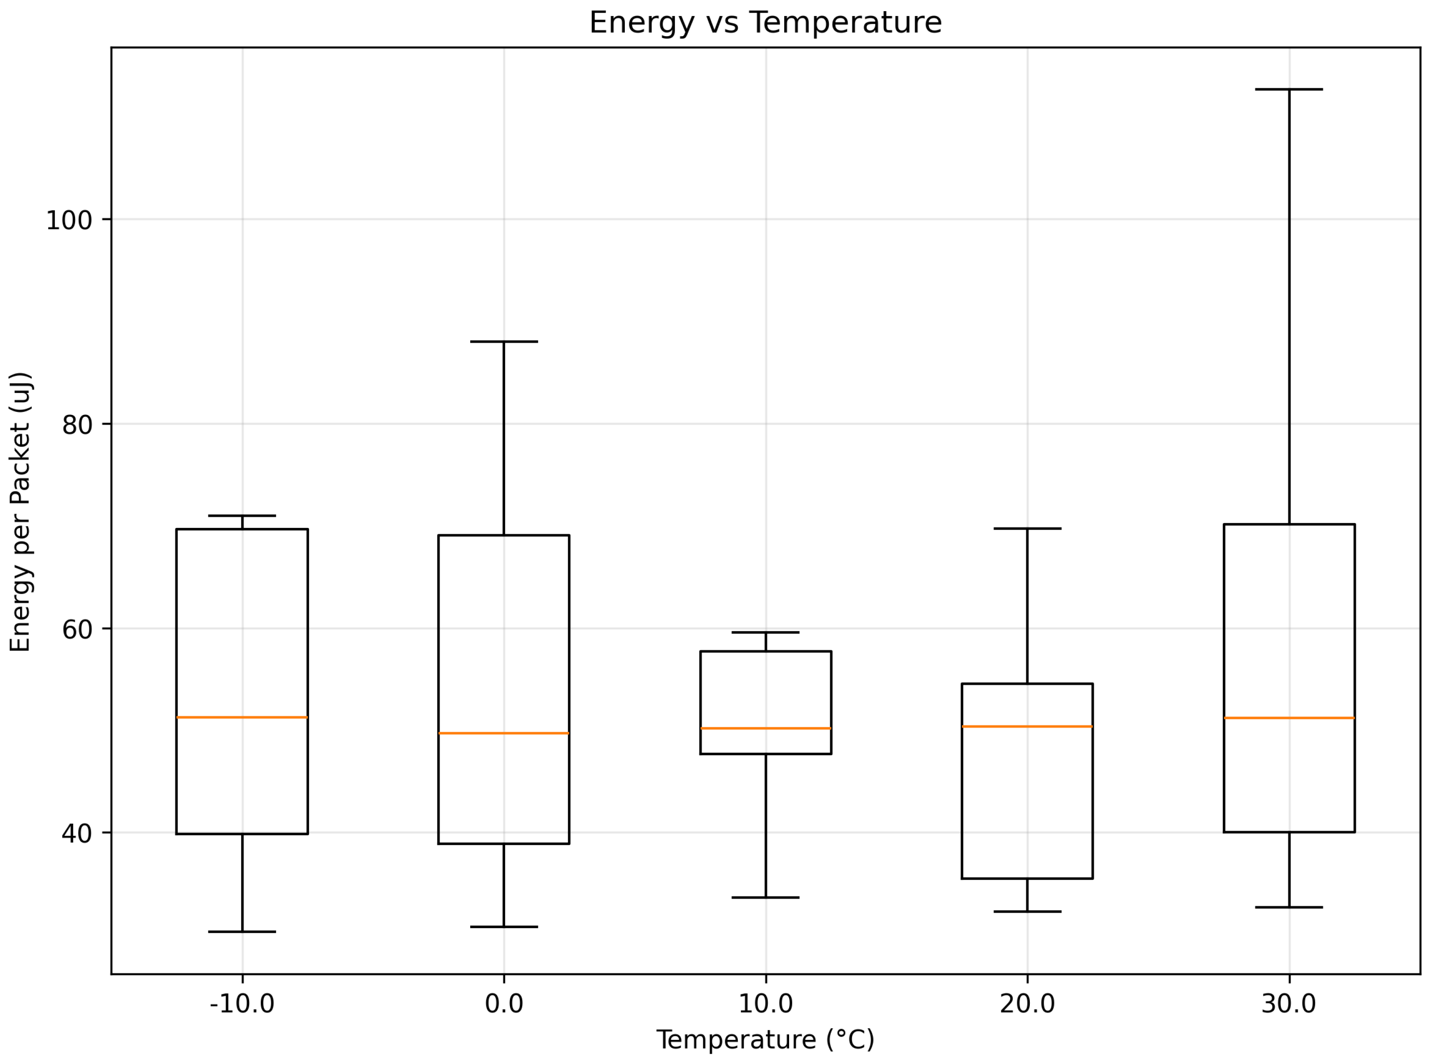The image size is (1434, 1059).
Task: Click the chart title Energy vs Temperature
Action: click(765, 23)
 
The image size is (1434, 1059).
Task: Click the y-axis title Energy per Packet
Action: click(21, 511)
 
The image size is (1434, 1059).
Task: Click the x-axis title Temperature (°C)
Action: click(765, 1039)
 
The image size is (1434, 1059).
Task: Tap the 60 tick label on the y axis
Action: click(77, 629)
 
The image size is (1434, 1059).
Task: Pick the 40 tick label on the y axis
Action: click(77, 833)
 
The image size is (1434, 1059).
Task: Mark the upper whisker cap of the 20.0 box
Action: click(1027, 528)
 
